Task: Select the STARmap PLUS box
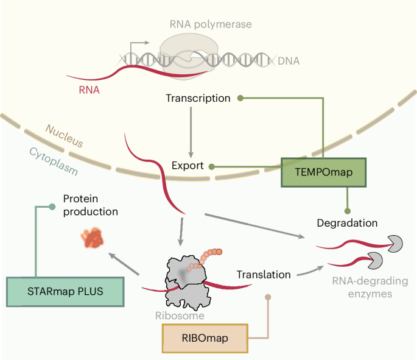tap(65, 291)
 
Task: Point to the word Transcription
tap(198, 97)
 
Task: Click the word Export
tap(187, 166)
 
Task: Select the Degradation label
tap(347, 223)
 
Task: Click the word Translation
tap(264, 274)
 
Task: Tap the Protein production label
tap(90, 205)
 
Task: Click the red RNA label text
tap(89, 90)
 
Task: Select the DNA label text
tap(288, 61)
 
